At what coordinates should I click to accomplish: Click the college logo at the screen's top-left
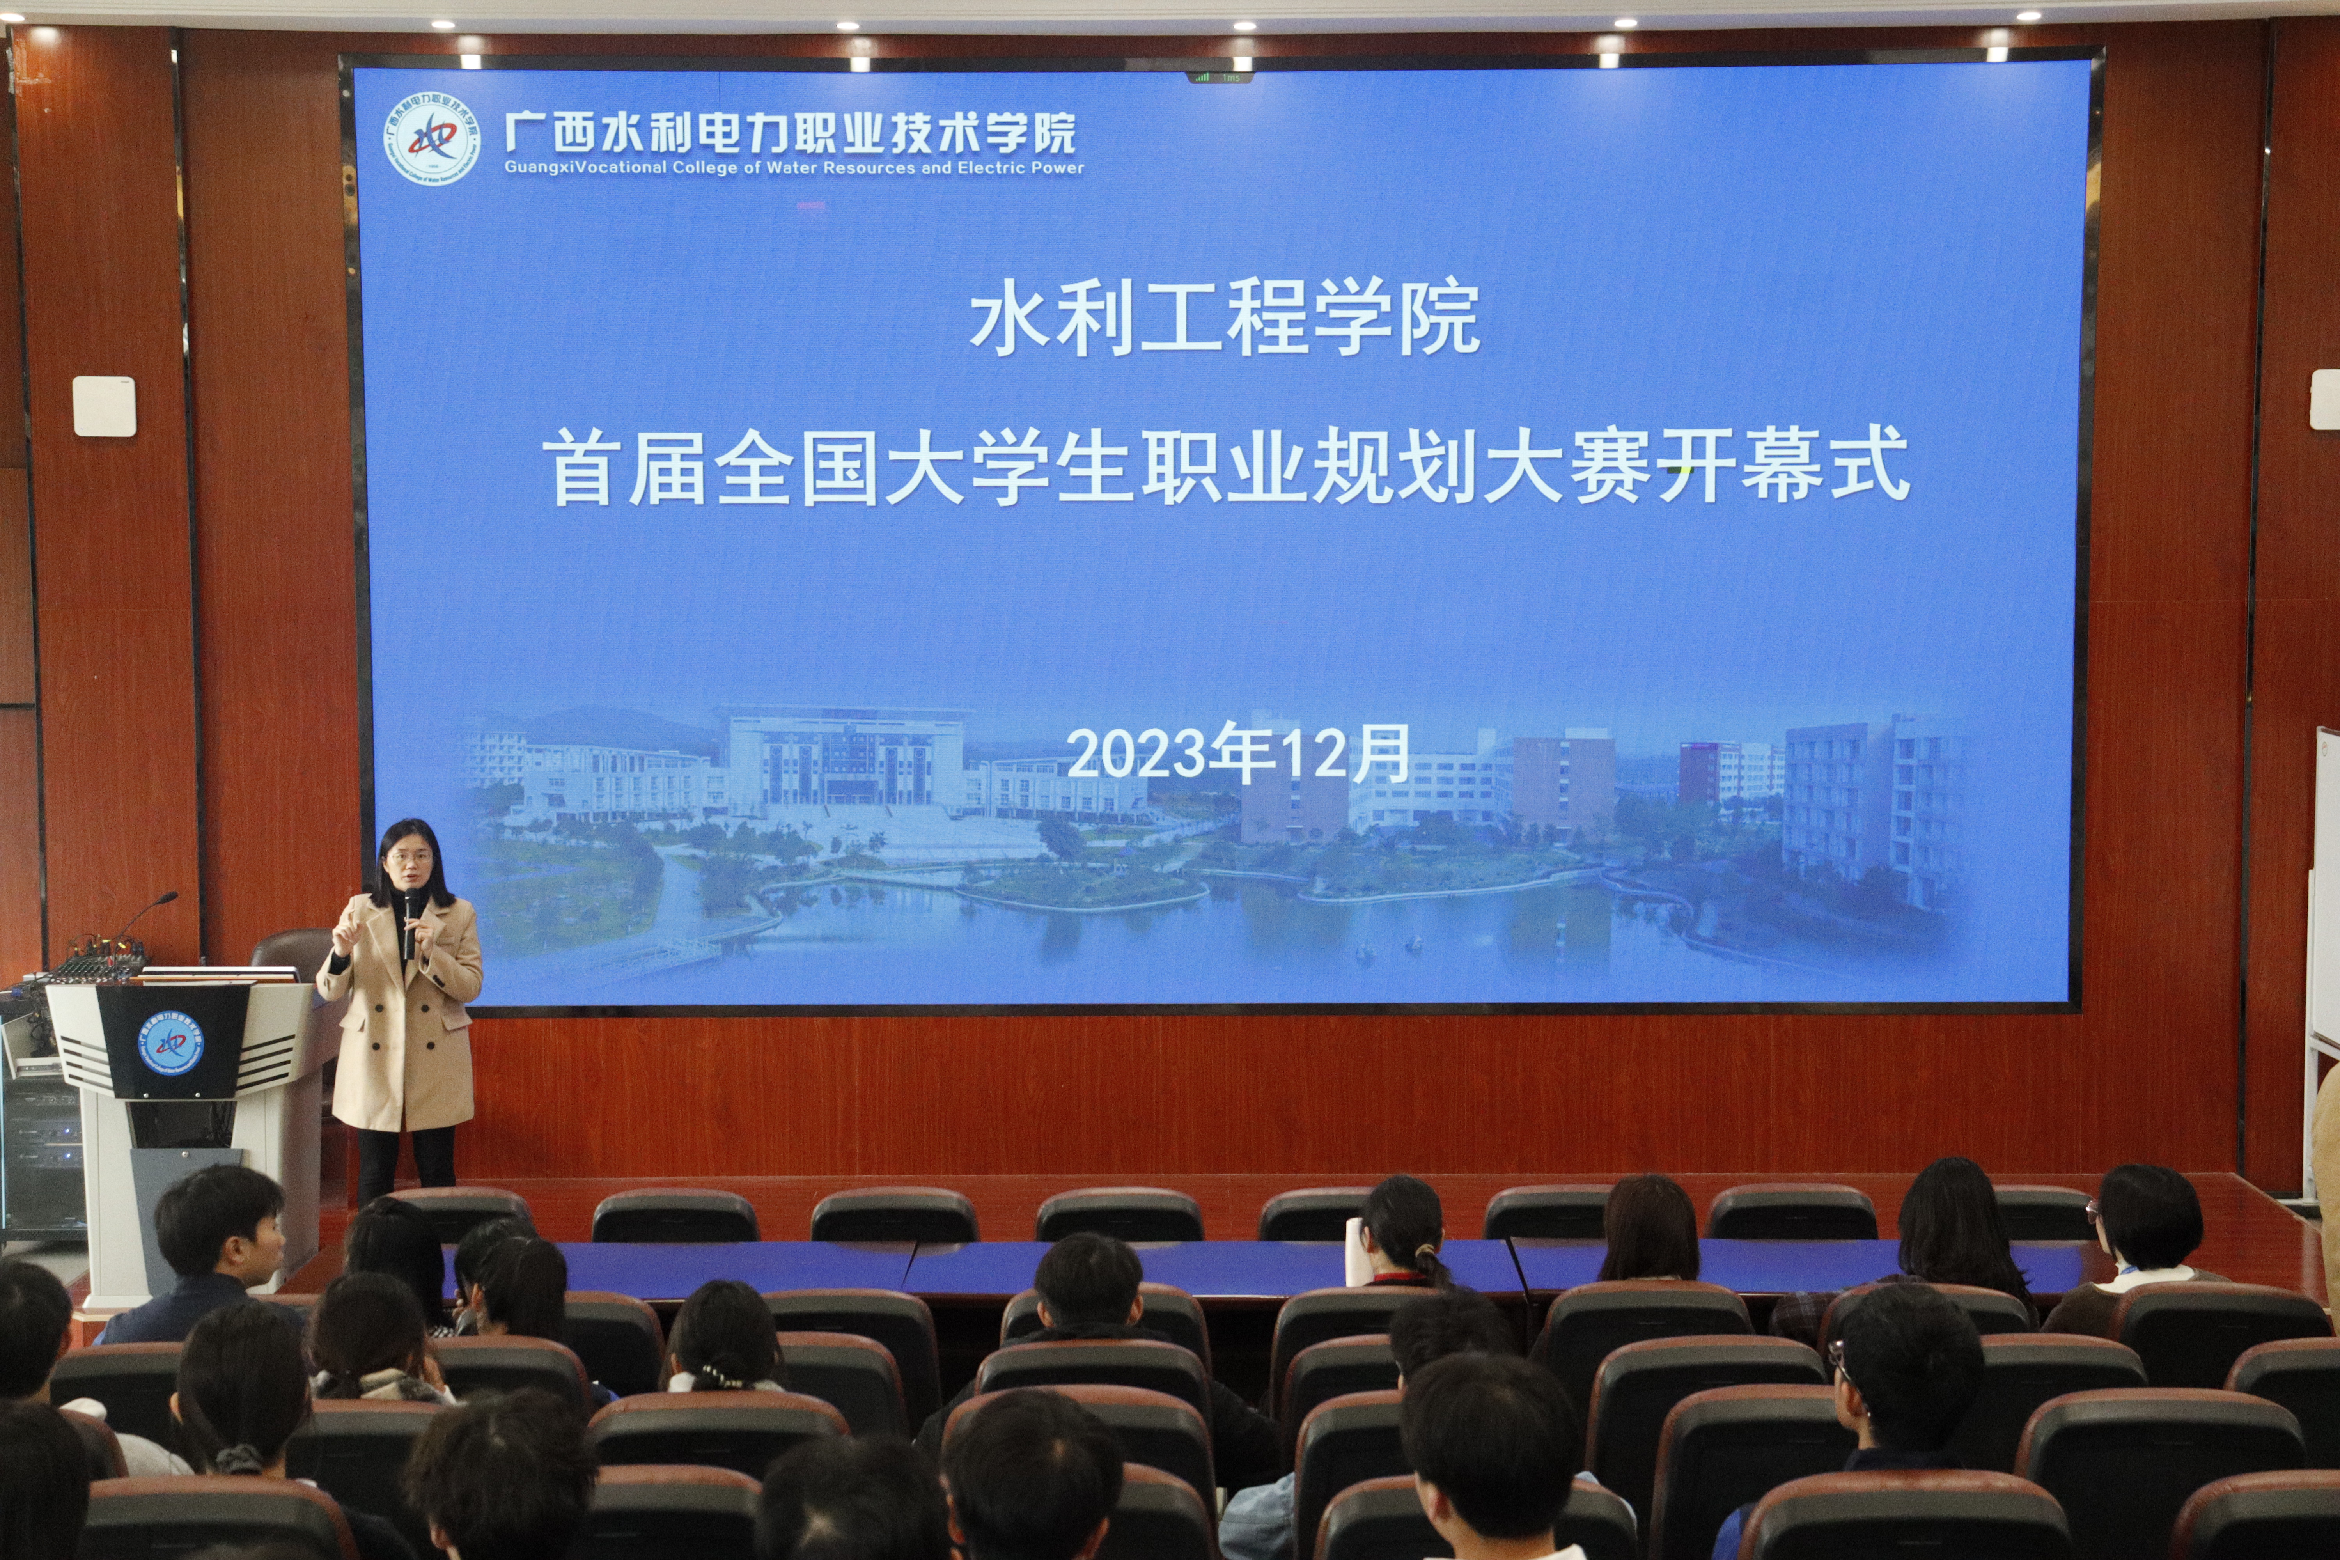point(432,140)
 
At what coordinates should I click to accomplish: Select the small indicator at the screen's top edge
point(1219,76)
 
